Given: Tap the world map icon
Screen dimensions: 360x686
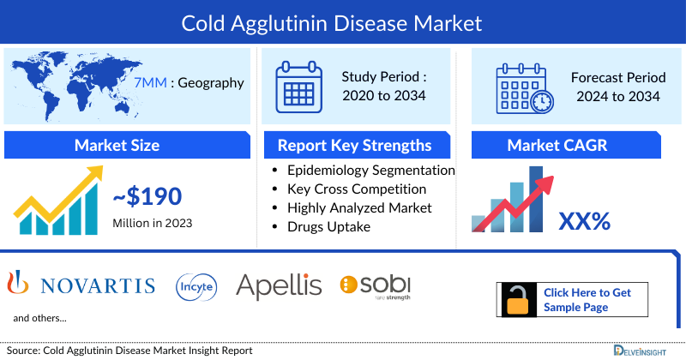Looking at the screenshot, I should click(x=72, y=82).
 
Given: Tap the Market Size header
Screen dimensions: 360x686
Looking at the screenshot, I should click(x=117, y=145).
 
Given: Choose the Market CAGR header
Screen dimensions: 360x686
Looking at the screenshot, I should click(x=569, y=145).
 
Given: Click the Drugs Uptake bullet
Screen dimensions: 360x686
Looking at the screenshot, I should click(x=328, y=226).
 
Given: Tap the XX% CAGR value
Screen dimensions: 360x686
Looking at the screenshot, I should click(x=584, y=221).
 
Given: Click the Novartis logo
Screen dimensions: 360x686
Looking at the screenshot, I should click(x=81, y=285).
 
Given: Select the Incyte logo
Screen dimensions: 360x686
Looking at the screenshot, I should click(x=196, y=285).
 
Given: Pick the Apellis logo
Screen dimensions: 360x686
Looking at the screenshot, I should click(x=279, y=285).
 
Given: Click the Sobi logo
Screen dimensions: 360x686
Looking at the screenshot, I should click(x=376, y=285).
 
